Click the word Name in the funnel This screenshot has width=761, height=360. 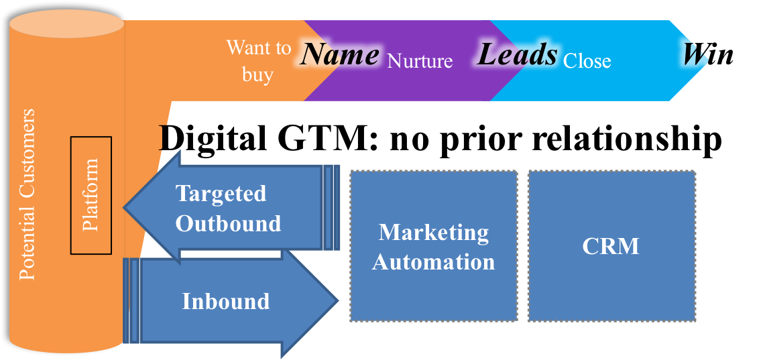pos(340,54)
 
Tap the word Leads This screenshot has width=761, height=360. pos(517,54)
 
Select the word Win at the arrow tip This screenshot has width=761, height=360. pos(708,54)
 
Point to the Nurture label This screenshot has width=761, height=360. pos(420,62)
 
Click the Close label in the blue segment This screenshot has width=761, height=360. pos(587,62)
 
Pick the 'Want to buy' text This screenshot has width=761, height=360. pos(258,60)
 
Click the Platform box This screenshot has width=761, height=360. pos(91,195)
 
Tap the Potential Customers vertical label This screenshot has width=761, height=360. pos(27,194)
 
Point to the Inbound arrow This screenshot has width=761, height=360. pos(228,302)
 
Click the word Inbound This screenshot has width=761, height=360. pos(226,302)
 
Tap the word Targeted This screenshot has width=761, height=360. pos(221,194)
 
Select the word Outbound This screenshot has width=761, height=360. pos(228,223)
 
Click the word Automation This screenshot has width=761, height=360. pos(434,261)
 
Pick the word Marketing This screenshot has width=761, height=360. pos(434,232)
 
